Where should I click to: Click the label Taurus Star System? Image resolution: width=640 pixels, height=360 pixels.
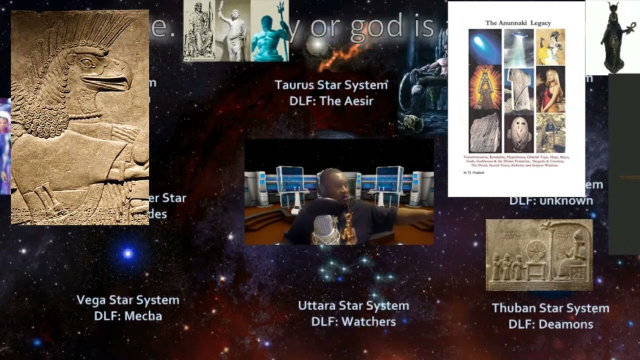[331, 84]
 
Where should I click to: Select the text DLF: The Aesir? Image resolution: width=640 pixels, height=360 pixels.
[331, 101]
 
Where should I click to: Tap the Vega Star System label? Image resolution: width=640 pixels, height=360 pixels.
[127, 300]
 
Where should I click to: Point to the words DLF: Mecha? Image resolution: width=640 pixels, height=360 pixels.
[127, 316]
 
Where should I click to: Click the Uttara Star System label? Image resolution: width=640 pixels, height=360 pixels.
[353, 305]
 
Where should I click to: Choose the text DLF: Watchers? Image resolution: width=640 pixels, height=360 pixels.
[353, 322]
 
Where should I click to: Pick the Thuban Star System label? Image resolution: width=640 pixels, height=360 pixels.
[550, 308]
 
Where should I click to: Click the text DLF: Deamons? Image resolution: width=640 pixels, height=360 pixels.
[550, 324]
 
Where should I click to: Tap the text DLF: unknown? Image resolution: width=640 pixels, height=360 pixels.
[551, 200]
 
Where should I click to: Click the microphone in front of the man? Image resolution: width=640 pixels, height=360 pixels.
[325, 229]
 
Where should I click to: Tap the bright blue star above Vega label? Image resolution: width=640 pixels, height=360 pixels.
[128, 253]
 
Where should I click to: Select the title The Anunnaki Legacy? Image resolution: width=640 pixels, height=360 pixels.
[515, 23]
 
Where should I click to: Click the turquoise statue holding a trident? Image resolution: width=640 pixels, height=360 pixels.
[270, 32]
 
